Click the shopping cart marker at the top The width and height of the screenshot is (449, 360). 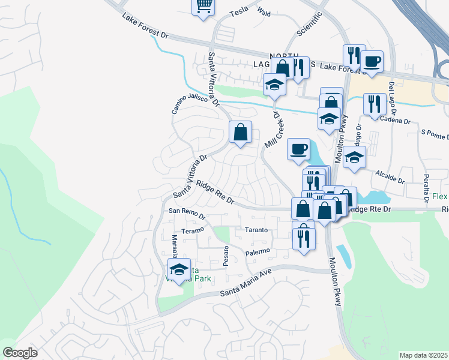(x=203, y=6)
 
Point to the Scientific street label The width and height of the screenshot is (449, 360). (x=310, y=24)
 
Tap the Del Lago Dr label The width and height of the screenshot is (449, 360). (x=393, y=98)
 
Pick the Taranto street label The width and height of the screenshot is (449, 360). (x=259, y=230)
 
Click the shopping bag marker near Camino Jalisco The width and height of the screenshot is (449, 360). (x=240, y=132)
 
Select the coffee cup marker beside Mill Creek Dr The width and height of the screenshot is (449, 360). (x=298, y=149)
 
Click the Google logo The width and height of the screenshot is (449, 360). (x=20, y=352)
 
